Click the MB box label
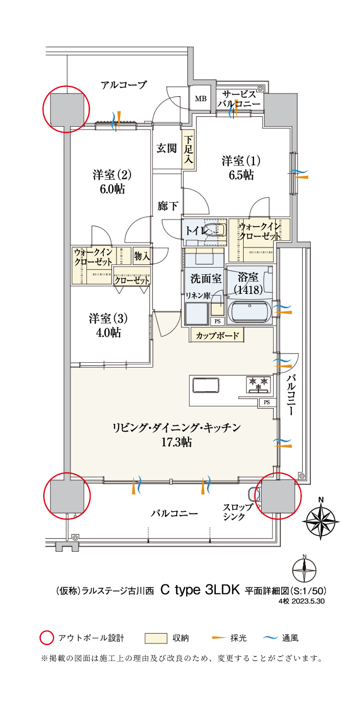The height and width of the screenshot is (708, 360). tap(200, 99)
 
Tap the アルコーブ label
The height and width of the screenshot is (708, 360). tap(124, 85)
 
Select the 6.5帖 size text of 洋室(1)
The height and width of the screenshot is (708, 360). tap(241, 175)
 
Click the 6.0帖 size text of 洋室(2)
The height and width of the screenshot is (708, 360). tap(112, 189)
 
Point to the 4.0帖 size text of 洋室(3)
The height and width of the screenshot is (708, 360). tap(108, 332)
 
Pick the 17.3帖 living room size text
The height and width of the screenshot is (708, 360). tap(176, 442)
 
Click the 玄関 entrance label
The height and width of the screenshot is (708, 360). tap(166, 148)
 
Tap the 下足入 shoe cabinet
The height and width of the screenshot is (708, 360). tap(188, 151)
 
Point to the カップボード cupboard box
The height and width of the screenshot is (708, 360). tap(217, 335)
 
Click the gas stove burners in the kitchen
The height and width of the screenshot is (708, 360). tap(258, 383)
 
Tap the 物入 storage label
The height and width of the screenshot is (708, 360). tap(142, 256)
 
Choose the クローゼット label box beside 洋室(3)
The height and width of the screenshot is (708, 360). tap(132, 280)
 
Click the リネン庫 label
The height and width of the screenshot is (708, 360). tap(196, 295)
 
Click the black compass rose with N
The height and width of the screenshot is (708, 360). tap(321, 517)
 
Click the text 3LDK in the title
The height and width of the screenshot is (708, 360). tap(223, 590)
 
